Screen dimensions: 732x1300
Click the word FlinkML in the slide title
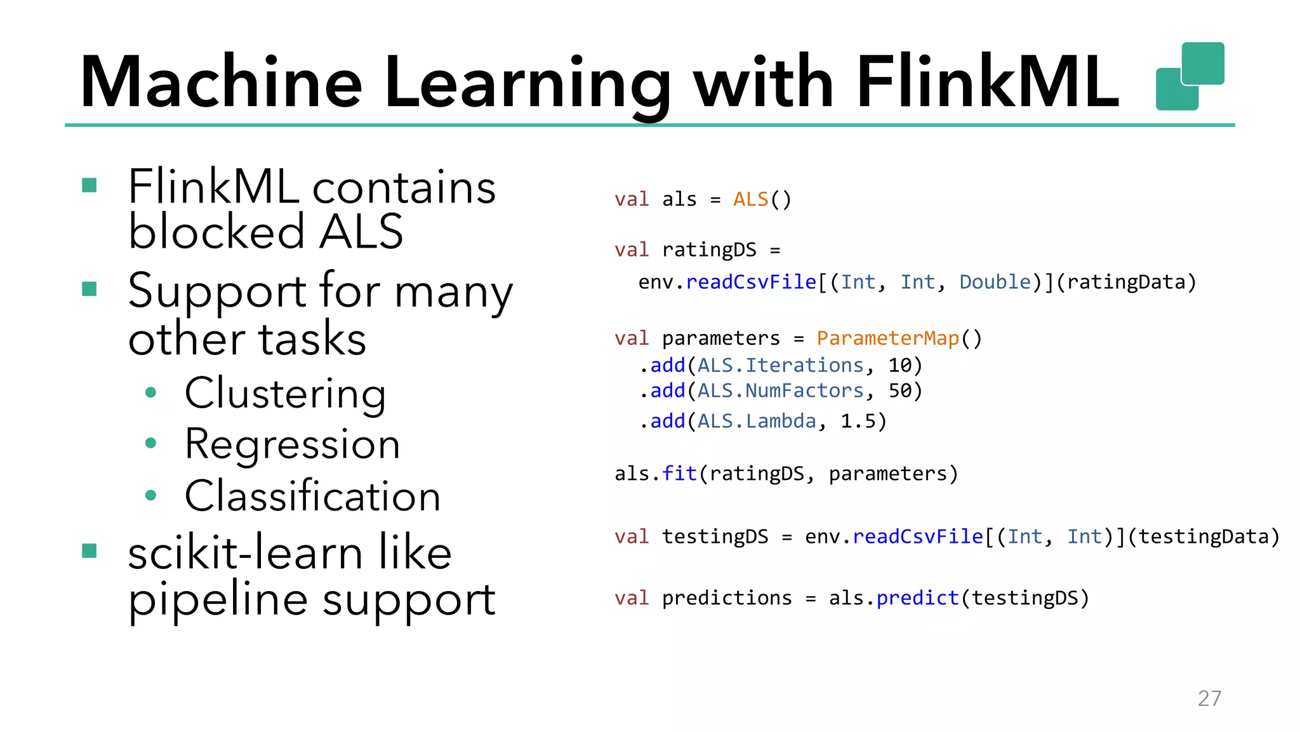987,83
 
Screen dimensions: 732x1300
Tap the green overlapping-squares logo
1190,76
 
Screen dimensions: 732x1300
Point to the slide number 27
1209,698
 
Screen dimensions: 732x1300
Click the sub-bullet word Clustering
285,394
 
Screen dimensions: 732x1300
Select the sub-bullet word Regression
292,444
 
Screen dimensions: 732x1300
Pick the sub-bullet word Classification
312,496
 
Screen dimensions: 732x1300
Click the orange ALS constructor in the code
751,199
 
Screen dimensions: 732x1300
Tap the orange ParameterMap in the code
887,338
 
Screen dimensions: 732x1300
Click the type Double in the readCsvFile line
995,282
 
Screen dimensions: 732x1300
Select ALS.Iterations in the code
780,366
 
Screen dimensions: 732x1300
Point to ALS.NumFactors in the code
780,391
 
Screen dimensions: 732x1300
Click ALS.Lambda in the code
757,421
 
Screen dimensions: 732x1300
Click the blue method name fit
679,474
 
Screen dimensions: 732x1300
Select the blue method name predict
917,598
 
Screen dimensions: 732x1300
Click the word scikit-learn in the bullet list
244,553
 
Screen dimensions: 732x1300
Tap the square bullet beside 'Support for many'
90,289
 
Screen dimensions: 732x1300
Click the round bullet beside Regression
150,443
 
